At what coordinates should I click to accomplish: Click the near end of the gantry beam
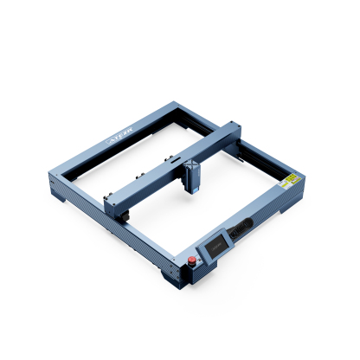tap(113, 202)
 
